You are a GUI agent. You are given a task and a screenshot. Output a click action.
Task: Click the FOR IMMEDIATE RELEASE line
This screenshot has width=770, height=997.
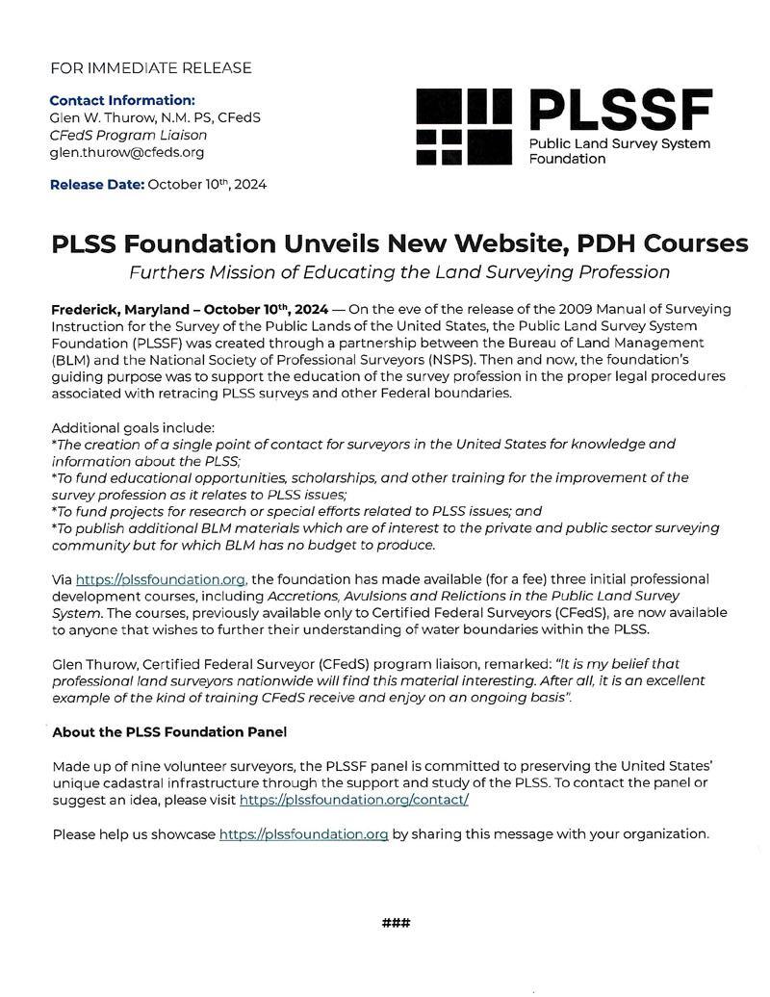(x=151, y=68)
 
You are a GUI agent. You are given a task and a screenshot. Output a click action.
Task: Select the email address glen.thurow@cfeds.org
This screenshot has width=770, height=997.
(x=126, y=152)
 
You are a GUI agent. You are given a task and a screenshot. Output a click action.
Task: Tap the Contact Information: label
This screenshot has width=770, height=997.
(x=121, y=100)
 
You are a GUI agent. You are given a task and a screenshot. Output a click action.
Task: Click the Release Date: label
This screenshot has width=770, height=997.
(x=96, y=185)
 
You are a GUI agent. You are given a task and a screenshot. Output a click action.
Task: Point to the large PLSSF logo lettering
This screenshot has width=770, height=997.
(x=621, y=111)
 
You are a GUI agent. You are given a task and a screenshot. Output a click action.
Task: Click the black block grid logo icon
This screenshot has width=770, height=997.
(x=464, y=126)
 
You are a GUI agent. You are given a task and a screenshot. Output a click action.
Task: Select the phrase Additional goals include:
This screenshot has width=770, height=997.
(x=133, y=427)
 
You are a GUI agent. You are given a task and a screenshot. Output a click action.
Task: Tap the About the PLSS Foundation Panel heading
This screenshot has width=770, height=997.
(x=169, y=732)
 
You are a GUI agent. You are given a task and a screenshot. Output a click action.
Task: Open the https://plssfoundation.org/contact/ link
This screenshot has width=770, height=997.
(x=353, y=800)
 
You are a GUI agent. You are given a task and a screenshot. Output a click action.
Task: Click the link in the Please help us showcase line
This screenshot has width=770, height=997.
(x=303, y=833)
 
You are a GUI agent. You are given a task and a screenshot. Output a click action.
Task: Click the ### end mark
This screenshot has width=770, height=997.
(x=396, y=923)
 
